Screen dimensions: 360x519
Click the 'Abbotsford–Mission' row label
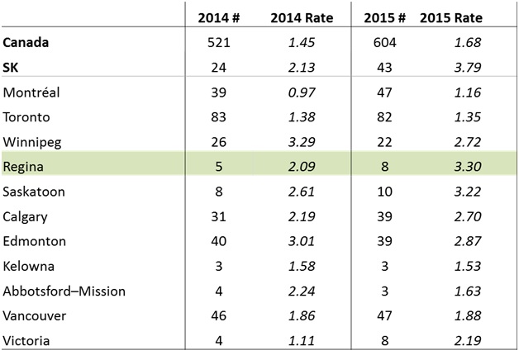56,291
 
